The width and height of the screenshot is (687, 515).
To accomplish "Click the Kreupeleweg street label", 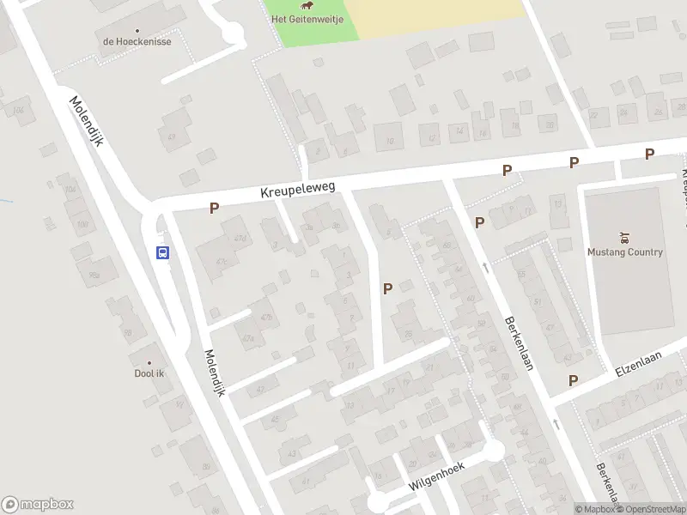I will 298,191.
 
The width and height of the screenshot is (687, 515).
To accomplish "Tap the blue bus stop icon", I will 162,252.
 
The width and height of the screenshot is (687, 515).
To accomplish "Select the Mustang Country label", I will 624,251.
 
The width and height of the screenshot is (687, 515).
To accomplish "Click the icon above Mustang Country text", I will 624,237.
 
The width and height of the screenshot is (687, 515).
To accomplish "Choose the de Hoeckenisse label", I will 137,41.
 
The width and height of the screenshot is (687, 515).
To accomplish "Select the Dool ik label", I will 149,373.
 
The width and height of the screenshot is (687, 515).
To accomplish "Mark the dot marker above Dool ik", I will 149,362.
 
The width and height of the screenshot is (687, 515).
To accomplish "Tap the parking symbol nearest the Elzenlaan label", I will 573,380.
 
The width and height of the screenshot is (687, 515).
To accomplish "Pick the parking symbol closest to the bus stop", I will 214,207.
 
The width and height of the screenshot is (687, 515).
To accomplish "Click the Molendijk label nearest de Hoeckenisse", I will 87,120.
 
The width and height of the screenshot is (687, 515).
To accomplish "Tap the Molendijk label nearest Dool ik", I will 215,373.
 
